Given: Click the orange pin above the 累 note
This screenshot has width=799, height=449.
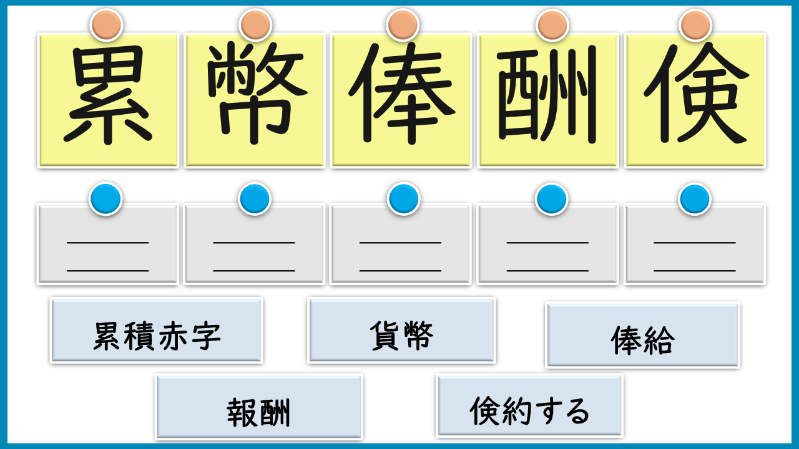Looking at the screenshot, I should [x=106, y=25].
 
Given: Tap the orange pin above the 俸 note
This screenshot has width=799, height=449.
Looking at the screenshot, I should [x=403, y=25].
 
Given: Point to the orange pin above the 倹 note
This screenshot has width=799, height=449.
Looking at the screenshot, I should [x=695, y=25].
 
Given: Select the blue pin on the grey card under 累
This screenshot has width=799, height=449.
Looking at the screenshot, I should [x=105, y=199].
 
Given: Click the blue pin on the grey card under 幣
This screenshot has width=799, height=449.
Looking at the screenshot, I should [x=254, y=199].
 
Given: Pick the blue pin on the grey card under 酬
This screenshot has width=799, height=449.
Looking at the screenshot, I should [x=551, y=199].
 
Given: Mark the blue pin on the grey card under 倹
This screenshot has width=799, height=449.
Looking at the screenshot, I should [x=695, y=199].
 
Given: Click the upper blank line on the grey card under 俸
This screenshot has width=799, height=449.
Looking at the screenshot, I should [x=401, y=242].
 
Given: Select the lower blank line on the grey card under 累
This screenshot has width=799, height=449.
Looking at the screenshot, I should [x=108, y=271].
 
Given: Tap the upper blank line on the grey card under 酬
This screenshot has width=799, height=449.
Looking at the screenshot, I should [x=547, y=242].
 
